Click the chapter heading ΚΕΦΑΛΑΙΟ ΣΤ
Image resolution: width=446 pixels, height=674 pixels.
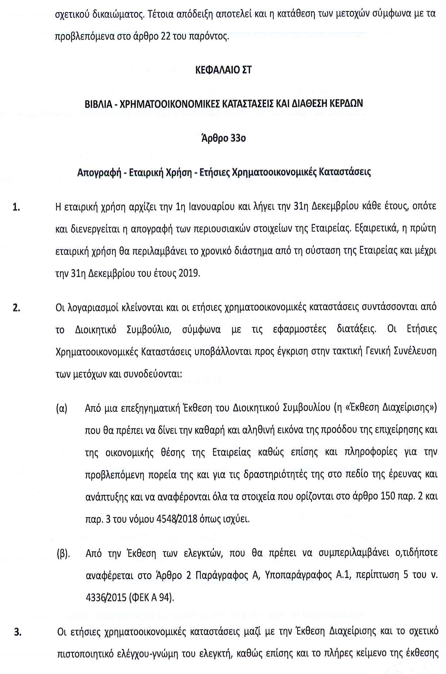coord(223,70)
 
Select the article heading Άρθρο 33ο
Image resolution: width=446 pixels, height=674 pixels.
coord(223,138)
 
